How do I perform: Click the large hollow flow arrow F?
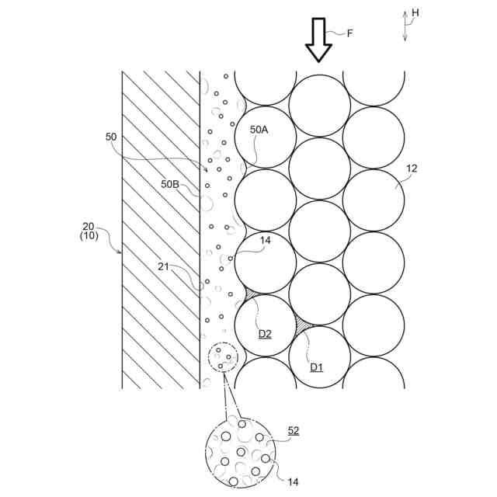tap(318, 39)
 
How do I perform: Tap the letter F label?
tap(350, 33)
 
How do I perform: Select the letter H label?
tap(415, 12)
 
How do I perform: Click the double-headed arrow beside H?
tap(404, 26)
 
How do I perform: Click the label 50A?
tap(259, 130)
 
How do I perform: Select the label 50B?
tap(170, 184)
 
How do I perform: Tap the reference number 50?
tap(111, 137)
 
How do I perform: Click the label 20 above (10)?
tap(89, 227)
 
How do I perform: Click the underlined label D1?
tap(316, 366)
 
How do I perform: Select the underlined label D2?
tap(265, 334)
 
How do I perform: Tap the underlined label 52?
tap(294, 430)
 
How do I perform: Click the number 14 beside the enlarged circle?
tap(294, 482)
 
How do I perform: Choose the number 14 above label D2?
tap(265, 241)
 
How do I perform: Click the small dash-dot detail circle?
tap(223, 357)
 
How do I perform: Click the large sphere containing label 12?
tap(374, 200)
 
